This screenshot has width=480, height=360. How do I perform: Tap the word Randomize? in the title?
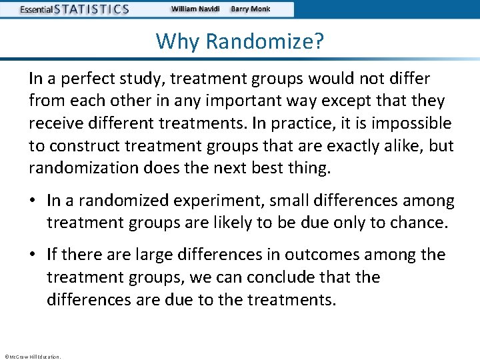click(x=265, y=41)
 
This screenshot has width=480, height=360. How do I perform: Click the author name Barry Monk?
click(x=251, y=9)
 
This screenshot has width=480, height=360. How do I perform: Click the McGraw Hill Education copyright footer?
click(x=32, y=357)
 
